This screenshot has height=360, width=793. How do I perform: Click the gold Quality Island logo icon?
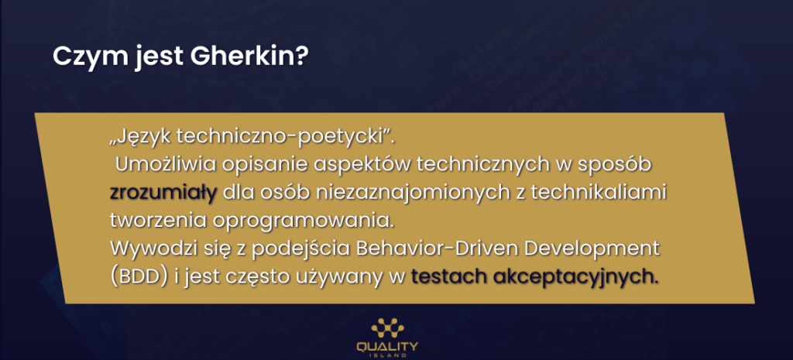387,328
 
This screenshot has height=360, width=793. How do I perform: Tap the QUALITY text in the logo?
387,347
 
